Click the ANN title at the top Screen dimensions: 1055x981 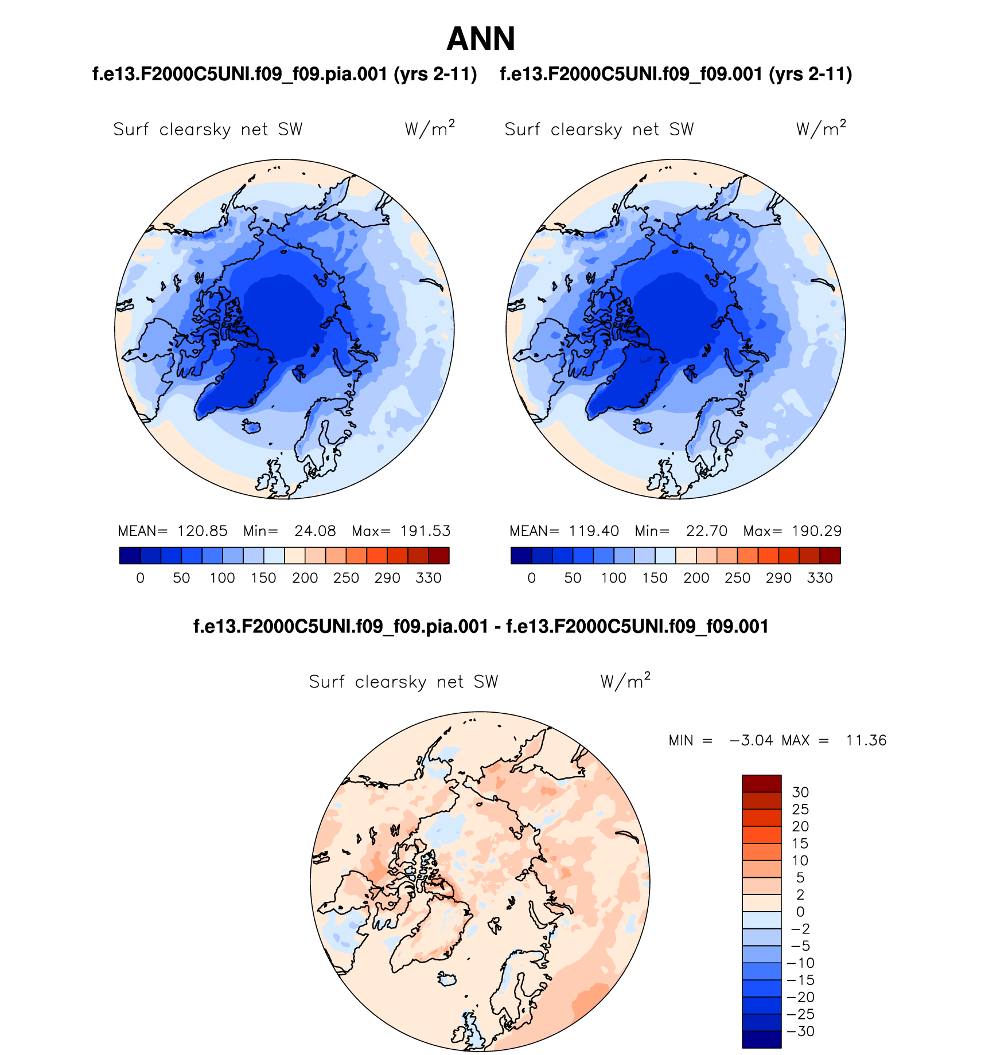click(481, 39)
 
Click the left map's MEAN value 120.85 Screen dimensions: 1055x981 click(202, 531)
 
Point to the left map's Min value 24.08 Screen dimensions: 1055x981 click(315, 531)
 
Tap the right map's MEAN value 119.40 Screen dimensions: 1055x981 click(594, 531)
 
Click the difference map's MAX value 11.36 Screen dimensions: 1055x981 click(866, 740)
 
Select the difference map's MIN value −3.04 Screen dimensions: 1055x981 click(751, 740)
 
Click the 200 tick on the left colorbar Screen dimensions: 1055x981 click(305, 578)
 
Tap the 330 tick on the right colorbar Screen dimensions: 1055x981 click(820, 578)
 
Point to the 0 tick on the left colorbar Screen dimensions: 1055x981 click(141, 578)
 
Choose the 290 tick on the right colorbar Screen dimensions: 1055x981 click(778, 578)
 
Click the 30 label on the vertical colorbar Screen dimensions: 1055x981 click(800, 792)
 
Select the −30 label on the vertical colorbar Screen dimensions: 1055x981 click(801, 1031)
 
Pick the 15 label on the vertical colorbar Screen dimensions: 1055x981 click(800, 843)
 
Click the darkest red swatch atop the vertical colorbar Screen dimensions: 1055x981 click(761, 783)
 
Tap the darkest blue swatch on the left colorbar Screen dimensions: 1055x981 click(130, 556)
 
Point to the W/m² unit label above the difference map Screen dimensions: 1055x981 click(625, 681)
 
